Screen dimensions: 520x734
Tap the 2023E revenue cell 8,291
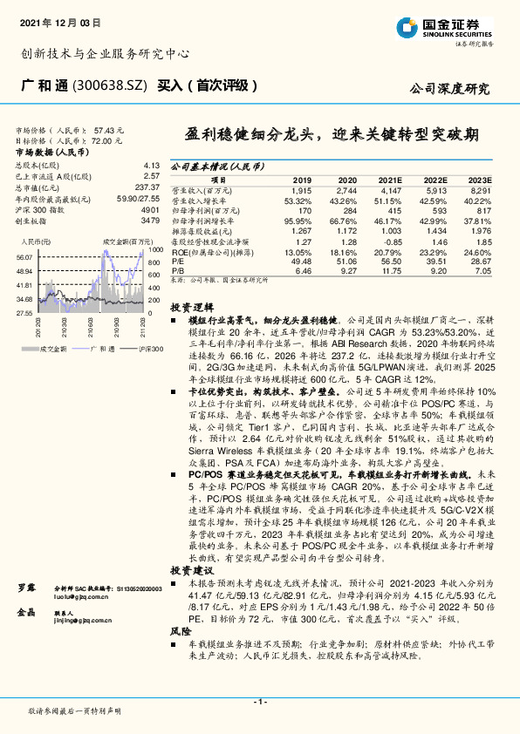click(482, 189)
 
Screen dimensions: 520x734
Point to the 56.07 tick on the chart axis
click(24, 258)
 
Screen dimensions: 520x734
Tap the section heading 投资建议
click(190, 568)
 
